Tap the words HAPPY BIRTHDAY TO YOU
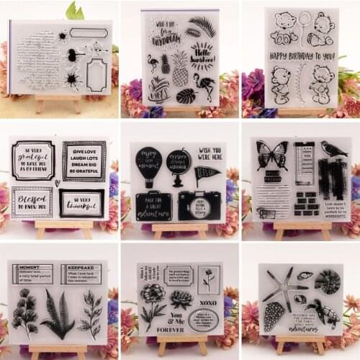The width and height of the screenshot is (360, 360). click(302, 56)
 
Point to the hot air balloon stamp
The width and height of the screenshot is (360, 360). click(149, 167)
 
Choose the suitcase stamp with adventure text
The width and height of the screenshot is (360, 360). click(154, 204)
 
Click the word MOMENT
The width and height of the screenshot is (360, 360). click(32, 267)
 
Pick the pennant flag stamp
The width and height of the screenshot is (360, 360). click(207, 173)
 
